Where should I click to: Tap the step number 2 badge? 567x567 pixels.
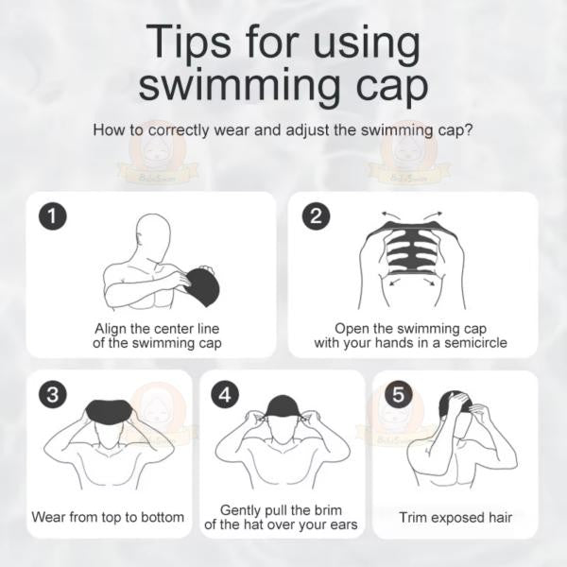pos(316,216)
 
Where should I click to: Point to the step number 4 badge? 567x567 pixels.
pos(223,394)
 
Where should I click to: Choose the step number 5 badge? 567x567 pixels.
pos(398,394)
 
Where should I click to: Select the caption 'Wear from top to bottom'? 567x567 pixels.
pos(107,517)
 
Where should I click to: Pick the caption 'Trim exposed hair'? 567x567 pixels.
pos(455,517)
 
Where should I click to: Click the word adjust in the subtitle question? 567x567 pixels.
pos(290,129)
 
